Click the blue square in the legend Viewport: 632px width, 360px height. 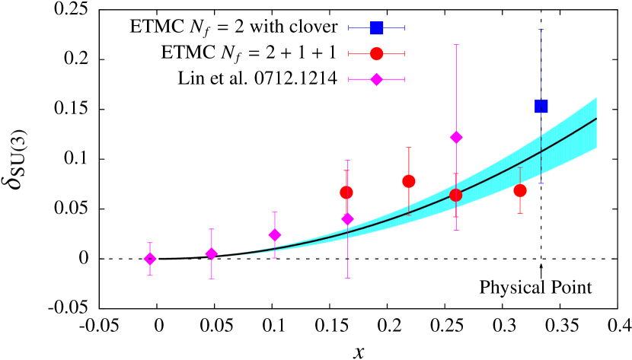376,28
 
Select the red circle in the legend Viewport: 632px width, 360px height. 376,54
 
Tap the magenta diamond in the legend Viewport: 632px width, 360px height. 376,79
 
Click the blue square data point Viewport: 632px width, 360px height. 541,106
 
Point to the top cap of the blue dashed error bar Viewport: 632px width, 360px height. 541,30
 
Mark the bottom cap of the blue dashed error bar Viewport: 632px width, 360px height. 541,183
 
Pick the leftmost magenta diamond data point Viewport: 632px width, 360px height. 150,259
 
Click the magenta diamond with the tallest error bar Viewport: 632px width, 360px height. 456,137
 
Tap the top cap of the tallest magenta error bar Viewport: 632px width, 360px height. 456,45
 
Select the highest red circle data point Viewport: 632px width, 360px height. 409,181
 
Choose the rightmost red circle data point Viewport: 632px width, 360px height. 520,190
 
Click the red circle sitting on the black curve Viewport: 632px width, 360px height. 455,195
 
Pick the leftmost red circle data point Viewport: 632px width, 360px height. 346,193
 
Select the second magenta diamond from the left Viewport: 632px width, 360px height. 212,253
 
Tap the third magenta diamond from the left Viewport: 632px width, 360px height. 275,234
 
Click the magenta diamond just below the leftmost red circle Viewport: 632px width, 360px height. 348,219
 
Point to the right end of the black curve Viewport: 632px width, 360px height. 596,119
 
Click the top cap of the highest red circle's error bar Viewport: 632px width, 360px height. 409,148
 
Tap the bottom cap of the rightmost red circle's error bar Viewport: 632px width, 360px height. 520,213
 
